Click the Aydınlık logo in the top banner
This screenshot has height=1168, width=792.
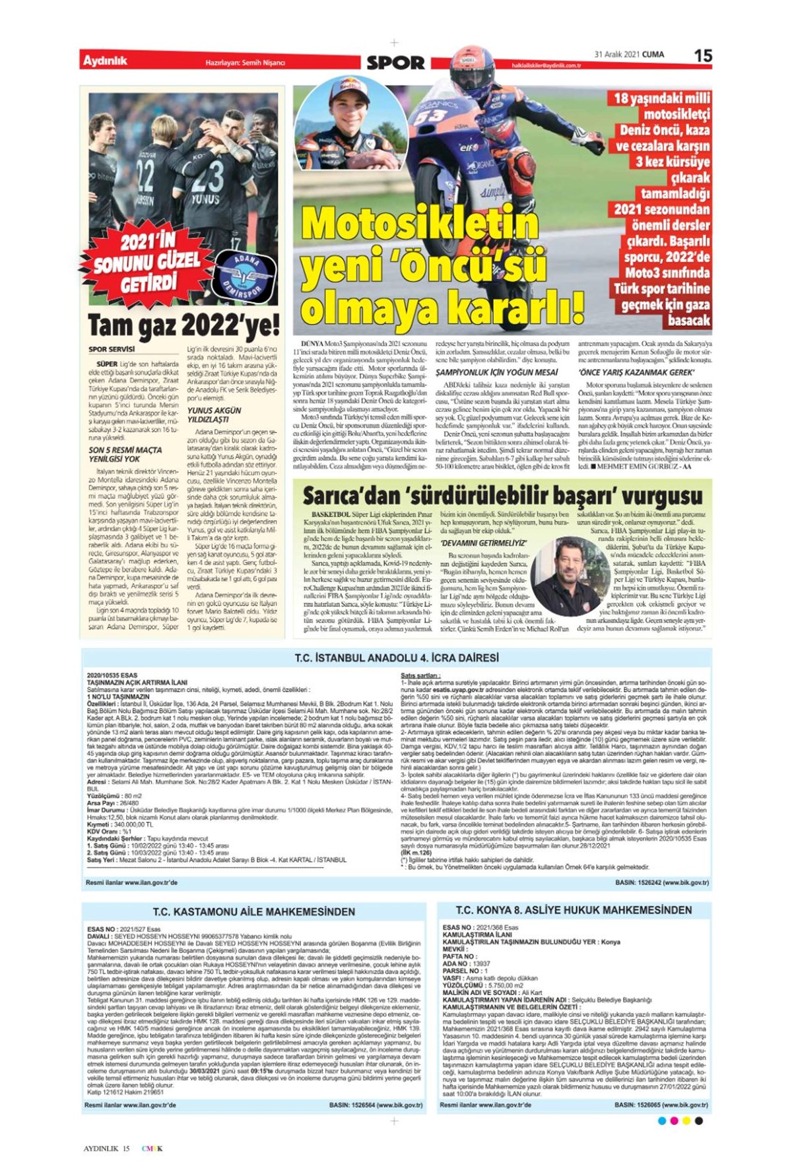pyautogui.click(x=105, y=61)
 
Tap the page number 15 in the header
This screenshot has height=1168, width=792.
pyautogui.click(x=703, y=55)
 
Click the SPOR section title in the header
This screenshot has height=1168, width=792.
pyautogui.click(x=395, y=63)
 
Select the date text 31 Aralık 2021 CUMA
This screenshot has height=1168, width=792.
pyautogui.click(x=629, y=55)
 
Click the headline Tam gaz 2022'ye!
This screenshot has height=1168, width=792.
pyautogui.click(x=183, y=325)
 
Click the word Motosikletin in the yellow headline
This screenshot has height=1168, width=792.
pyautogui.click(x=420, y=223)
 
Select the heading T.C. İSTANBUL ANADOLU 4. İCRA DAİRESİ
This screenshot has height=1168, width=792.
pyautogui.click(x=396, y=658)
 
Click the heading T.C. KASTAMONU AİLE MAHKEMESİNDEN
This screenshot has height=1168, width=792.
pyautogui.click(x=254, y=911)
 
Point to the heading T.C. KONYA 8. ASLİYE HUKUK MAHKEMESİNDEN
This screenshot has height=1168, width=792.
pyautogui.click(x=574, y=910)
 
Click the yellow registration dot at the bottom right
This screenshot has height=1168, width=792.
pyautogui.click(x=686, y=1120)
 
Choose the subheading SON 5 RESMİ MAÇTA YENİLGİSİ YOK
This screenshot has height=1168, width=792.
pyautogui.click(x=125, y=454)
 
